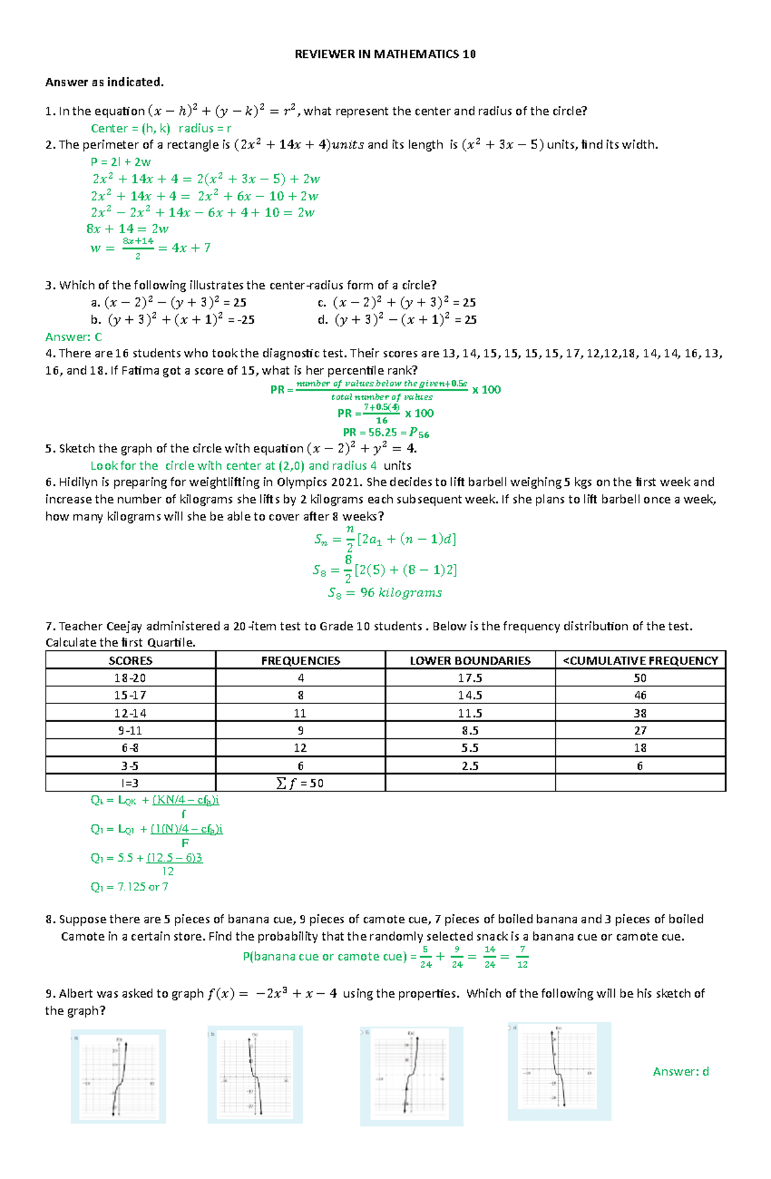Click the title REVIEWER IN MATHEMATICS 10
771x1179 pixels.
[x=385, y=54]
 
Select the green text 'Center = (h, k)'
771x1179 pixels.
[x=130, y=128]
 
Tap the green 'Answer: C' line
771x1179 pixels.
[x=73, y=337]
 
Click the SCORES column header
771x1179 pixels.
[x=130, y=660]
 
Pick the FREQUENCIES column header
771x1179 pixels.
[x=300, y=660]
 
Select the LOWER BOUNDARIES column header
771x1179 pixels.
[x=470, y=660]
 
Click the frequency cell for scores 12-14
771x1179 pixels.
[x=300, y=713]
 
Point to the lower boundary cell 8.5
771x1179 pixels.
[x=470, y=731]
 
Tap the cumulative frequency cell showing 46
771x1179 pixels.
[x=640, y=695]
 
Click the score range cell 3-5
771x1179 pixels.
[x=130, y=766]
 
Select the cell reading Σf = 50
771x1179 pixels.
[x=300, y=783]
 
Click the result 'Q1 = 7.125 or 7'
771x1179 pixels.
[x=129, y=887]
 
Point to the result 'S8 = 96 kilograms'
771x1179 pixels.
[x=385, y=592]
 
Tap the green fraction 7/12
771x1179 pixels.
[x=522, y=957]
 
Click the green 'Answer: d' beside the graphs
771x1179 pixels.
[x=680, y=1071]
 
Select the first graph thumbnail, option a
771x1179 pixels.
[x=118, y=1076]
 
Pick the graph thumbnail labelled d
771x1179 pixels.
[x=559, y=1071]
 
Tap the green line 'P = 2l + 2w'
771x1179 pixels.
[x=121, y=162]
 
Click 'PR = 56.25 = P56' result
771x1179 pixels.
[x=385, y=432]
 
